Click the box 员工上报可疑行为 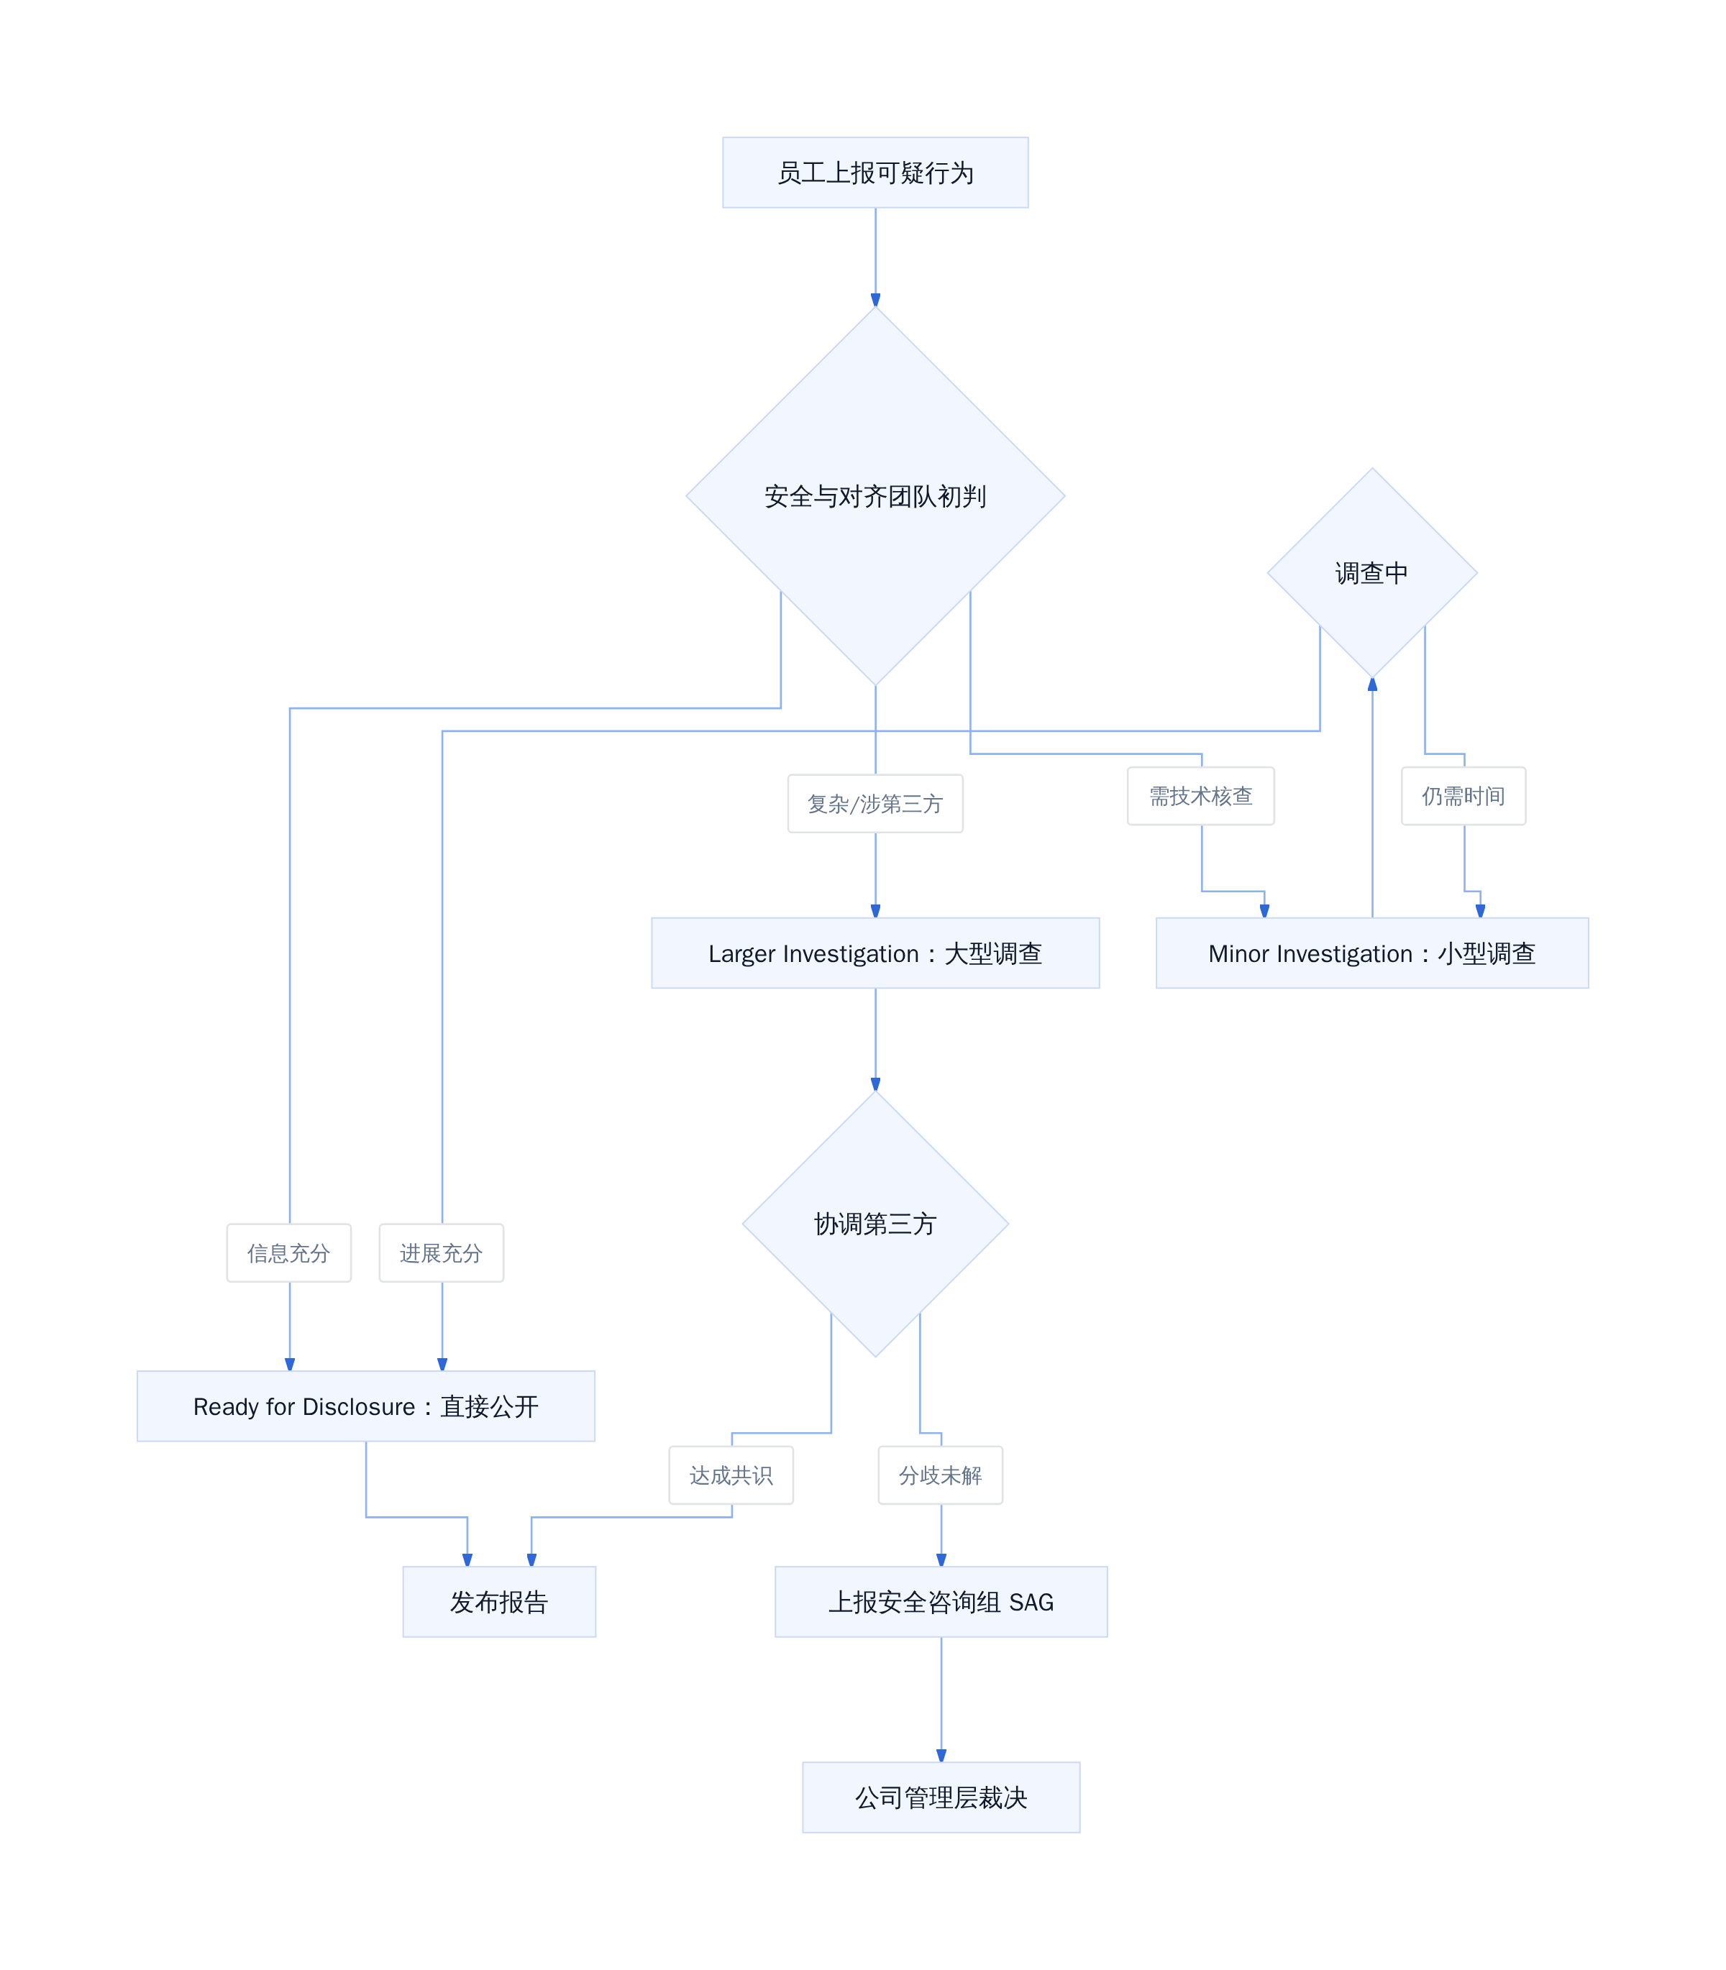click(x=875, y=173)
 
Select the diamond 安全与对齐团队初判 click(x=875, y=496)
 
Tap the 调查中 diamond click(x=1371, y=573)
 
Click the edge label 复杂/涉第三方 click(x=875, y=803)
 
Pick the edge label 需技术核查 click(x=1201, y=795)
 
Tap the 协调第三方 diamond click(x=875, y=1223)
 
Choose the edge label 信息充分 click(x=289, y=1252)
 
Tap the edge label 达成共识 click(x=731, y=1475)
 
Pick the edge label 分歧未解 click(x=940, y=1475)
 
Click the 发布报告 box click(x=499, y=1601)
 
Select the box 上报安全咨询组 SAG click(x=941, y=1601)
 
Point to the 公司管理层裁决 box click(x=941, y=1797)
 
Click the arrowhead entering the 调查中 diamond click(x=1371, y=684)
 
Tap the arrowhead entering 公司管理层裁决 click(x=941, y=1755)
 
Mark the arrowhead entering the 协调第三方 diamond click(x=875, y=1083)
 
